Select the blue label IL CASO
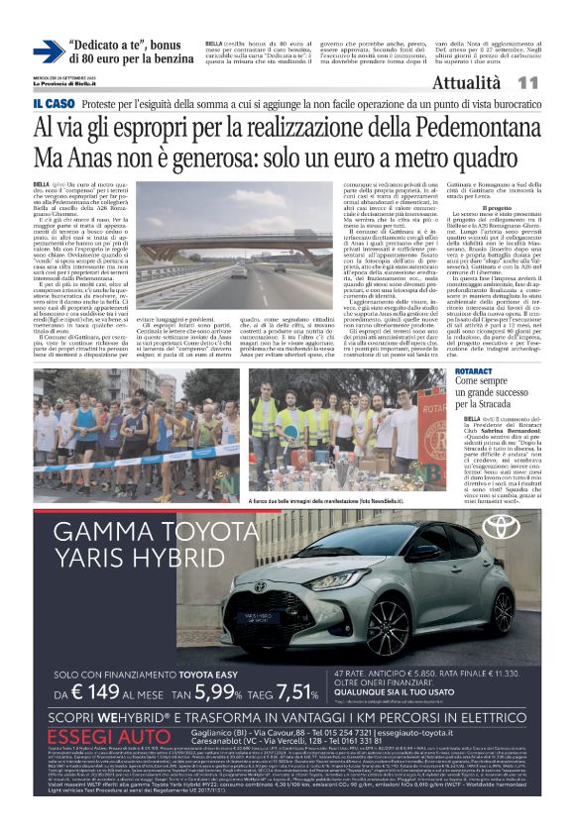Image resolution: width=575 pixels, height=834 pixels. (x=52, y=103)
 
